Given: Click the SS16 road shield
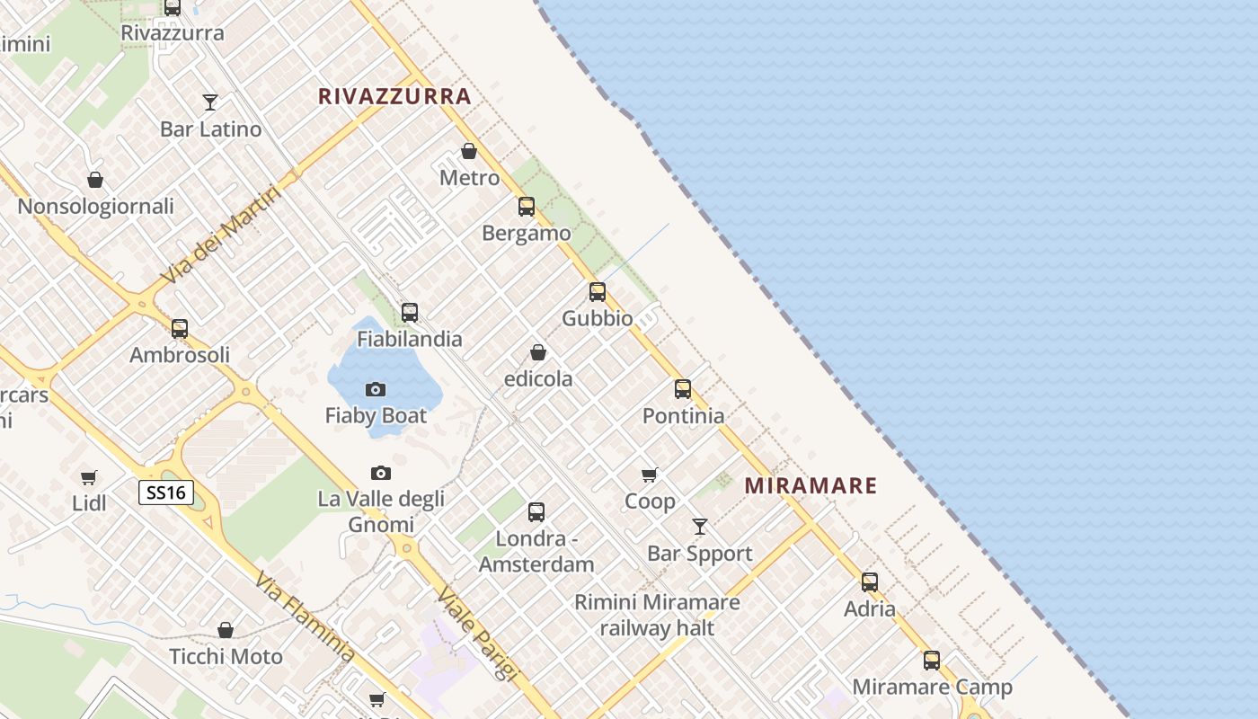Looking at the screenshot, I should [166, 493].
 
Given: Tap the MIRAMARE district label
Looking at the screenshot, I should [811, 486].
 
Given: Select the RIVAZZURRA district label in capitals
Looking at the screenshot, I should [394, 96].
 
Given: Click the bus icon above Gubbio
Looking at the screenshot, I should [598, 292].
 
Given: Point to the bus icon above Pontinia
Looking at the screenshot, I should [683, 389].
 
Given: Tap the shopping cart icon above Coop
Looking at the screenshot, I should [650, 475].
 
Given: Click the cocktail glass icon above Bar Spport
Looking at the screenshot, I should [700, 527].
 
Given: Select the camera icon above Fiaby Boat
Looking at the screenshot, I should [376, 389].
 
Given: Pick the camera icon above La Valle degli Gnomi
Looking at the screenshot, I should [381, 473].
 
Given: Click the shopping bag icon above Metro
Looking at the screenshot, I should [468, 151].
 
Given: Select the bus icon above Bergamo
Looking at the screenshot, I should [527, 207].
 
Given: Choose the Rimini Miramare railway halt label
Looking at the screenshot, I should [658, 615].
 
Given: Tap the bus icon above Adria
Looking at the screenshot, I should [870, 581].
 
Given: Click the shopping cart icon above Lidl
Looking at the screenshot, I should [89, 477].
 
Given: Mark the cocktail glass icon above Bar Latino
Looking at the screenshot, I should [210, 102].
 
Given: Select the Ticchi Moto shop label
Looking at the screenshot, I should [226, 656].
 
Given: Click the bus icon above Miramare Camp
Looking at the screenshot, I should [932, 661].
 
